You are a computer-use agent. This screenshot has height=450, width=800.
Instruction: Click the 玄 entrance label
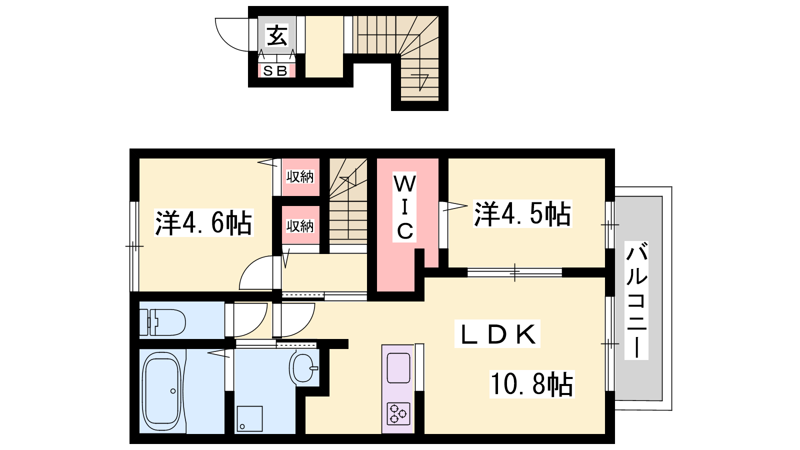click(x=277, y=35)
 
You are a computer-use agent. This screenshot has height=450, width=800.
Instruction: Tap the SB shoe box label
click(x=275, y=71)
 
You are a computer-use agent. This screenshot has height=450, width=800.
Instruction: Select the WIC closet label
click(x=404, y=207)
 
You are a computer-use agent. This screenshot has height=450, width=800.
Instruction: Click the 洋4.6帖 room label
click(x=203, y=223)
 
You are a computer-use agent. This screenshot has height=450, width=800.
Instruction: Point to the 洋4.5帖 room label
click(x=522, y=213)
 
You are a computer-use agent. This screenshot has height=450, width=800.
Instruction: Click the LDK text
click(x=498, y=334)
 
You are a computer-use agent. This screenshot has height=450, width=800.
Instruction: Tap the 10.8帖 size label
click(x=531, y=384)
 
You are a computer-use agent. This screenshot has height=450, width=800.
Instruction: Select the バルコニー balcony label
click(x=636, y=300)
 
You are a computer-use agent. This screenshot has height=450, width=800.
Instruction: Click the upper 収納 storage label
click(x=300, y=177)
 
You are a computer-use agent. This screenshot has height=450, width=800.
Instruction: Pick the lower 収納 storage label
click(x=300, y=226)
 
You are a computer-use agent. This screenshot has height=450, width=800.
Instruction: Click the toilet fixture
click(x=162, y=322)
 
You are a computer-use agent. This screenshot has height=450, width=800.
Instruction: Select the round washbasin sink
click(x=303, y=368)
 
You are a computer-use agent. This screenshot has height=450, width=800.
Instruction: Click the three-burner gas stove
click(x=398, y=413)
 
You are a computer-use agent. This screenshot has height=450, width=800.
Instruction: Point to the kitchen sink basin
click(x=398, y=368)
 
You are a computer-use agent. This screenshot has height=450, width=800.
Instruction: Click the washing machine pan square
click(x=249, y=419)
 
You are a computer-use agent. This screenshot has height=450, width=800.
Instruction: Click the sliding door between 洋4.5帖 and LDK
click(x=514, y=272)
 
